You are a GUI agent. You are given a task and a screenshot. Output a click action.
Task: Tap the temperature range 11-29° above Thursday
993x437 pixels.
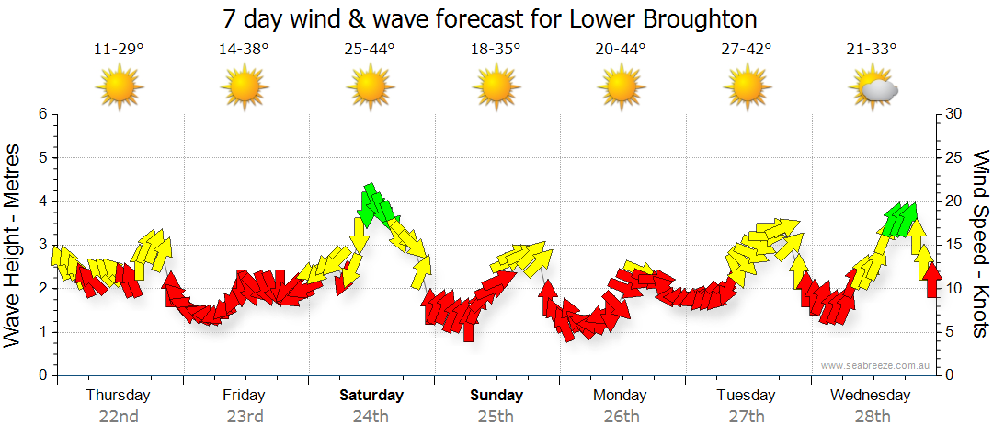(119, 50)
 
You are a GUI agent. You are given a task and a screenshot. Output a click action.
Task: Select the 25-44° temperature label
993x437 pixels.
(370, 50)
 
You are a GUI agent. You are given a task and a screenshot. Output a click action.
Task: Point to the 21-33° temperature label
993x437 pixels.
(872, 50)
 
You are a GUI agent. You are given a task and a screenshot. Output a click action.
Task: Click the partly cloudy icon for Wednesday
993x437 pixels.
(873, 88)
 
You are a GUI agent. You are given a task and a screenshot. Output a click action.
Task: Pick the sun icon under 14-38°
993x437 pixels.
(244, 88)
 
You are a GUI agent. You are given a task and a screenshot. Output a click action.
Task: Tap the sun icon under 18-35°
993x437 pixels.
(496, 88)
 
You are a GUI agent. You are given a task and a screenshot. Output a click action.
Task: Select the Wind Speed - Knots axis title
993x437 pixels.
(979, 244)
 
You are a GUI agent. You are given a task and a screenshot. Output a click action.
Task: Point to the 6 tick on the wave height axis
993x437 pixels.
(41, 114)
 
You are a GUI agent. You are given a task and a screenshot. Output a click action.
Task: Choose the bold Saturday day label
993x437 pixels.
(371, 396)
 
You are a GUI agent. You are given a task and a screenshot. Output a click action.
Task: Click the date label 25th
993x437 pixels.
(496, 416)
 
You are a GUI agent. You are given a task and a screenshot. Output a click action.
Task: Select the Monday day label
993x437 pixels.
(621, 396)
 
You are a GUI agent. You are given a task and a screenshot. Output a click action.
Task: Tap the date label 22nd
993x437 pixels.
(119, 416)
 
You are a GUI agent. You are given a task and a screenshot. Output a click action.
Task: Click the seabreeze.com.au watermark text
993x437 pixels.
(877, 365)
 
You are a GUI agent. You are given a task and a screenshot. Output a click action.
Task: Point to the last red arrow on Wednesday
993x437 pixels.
(932, 279)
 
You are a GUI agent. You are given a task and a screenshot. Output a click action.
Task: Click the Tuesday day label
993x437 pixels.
(746, 396)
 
